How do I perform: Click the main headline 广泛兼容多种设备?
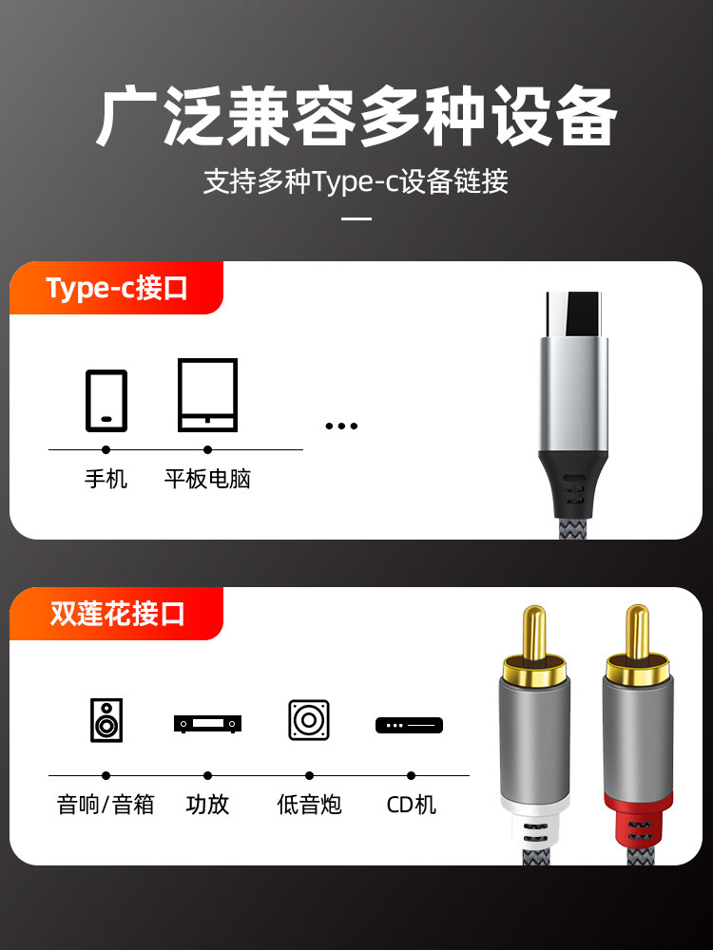coord(356,118)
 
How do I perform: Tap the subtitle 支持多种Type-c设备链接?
coord(356,180)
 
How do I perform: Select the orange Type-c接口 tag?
coord(116,289)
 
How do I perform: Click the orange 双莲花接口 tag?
coord(116,614)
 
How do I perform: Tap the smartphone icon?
coord(106,401)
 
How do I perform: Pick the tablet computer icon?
coord(207,395)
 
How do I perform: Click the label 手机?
coord(106,479)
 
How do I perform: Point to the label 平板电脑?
coord(207,479)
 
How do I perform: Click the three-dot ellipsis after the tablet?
coord(341,426)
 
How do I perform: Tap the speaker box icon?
coord(106,720)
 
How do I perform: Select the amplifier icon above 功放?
coord(207,724)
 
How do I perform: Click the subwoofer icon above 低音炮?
coord(309,720)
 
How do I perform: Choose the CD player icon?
coord(410,726)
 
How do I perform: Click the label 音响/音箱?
coord(106,806)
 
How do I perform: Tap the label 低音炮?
coord(309,806)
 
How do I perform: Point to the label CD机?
coord(411,806)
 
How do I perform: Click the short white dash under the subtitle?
coord(356,218)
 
